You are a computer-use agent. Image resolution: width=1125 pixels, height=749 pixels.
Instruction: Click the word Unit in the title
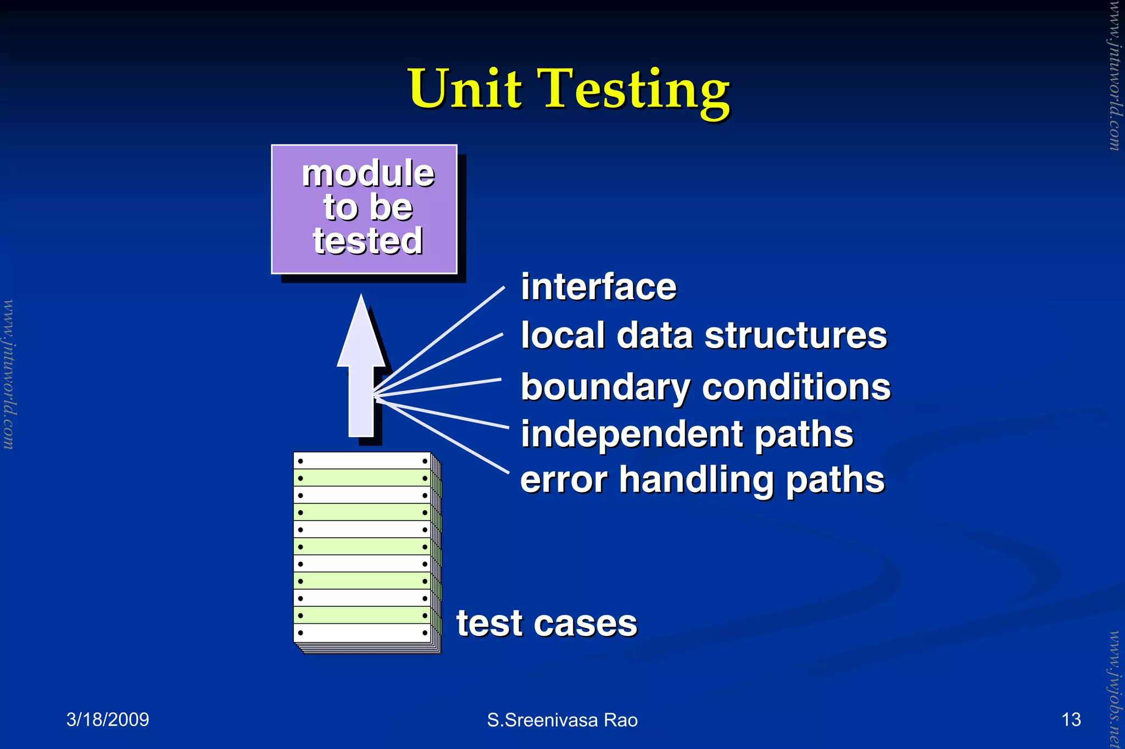465,89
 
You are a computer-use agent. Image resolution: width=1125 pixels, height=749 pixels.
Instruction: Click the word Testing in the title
636,91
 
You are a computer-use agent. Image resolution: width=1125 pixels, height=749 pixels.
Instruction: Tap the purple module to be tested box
364,209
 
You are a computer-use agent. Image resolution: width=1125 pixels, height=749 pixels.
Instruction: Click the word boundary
605,388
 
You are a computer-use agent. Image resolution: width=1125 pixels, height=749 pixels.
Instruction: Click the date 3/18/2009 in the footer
108,719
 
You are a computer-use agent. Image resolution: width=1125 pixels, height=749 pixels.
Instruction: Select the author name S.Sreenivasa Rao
562,720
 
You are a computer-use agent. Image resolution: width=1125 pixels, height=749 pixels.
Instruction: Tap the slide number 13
1071,719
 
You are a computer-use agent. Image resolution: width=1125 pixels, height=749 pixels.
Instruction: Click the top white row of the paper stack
363,461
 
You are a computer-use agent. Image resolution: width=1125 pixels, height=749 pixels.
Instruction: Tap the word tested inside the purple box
367,241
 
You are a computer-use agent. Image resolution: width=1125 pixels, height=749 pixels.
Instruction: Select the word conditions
796,387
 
